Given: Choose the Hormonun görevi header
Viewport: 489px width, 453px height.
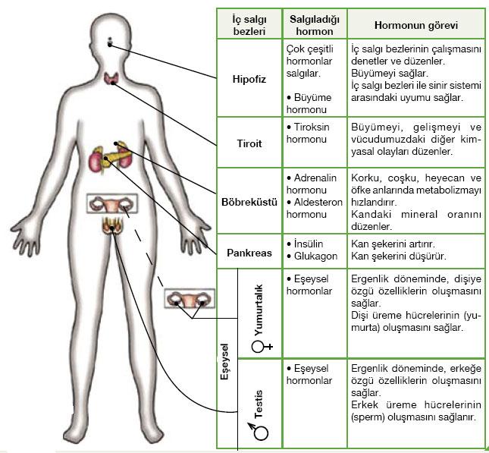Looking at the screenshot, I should click(416, 24).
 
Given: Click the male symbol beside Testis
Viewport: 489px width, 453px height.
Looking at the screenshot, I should click(262, 432).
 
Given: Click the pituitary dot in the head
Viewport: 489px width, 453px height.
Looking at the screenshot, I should click(110, 42).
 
